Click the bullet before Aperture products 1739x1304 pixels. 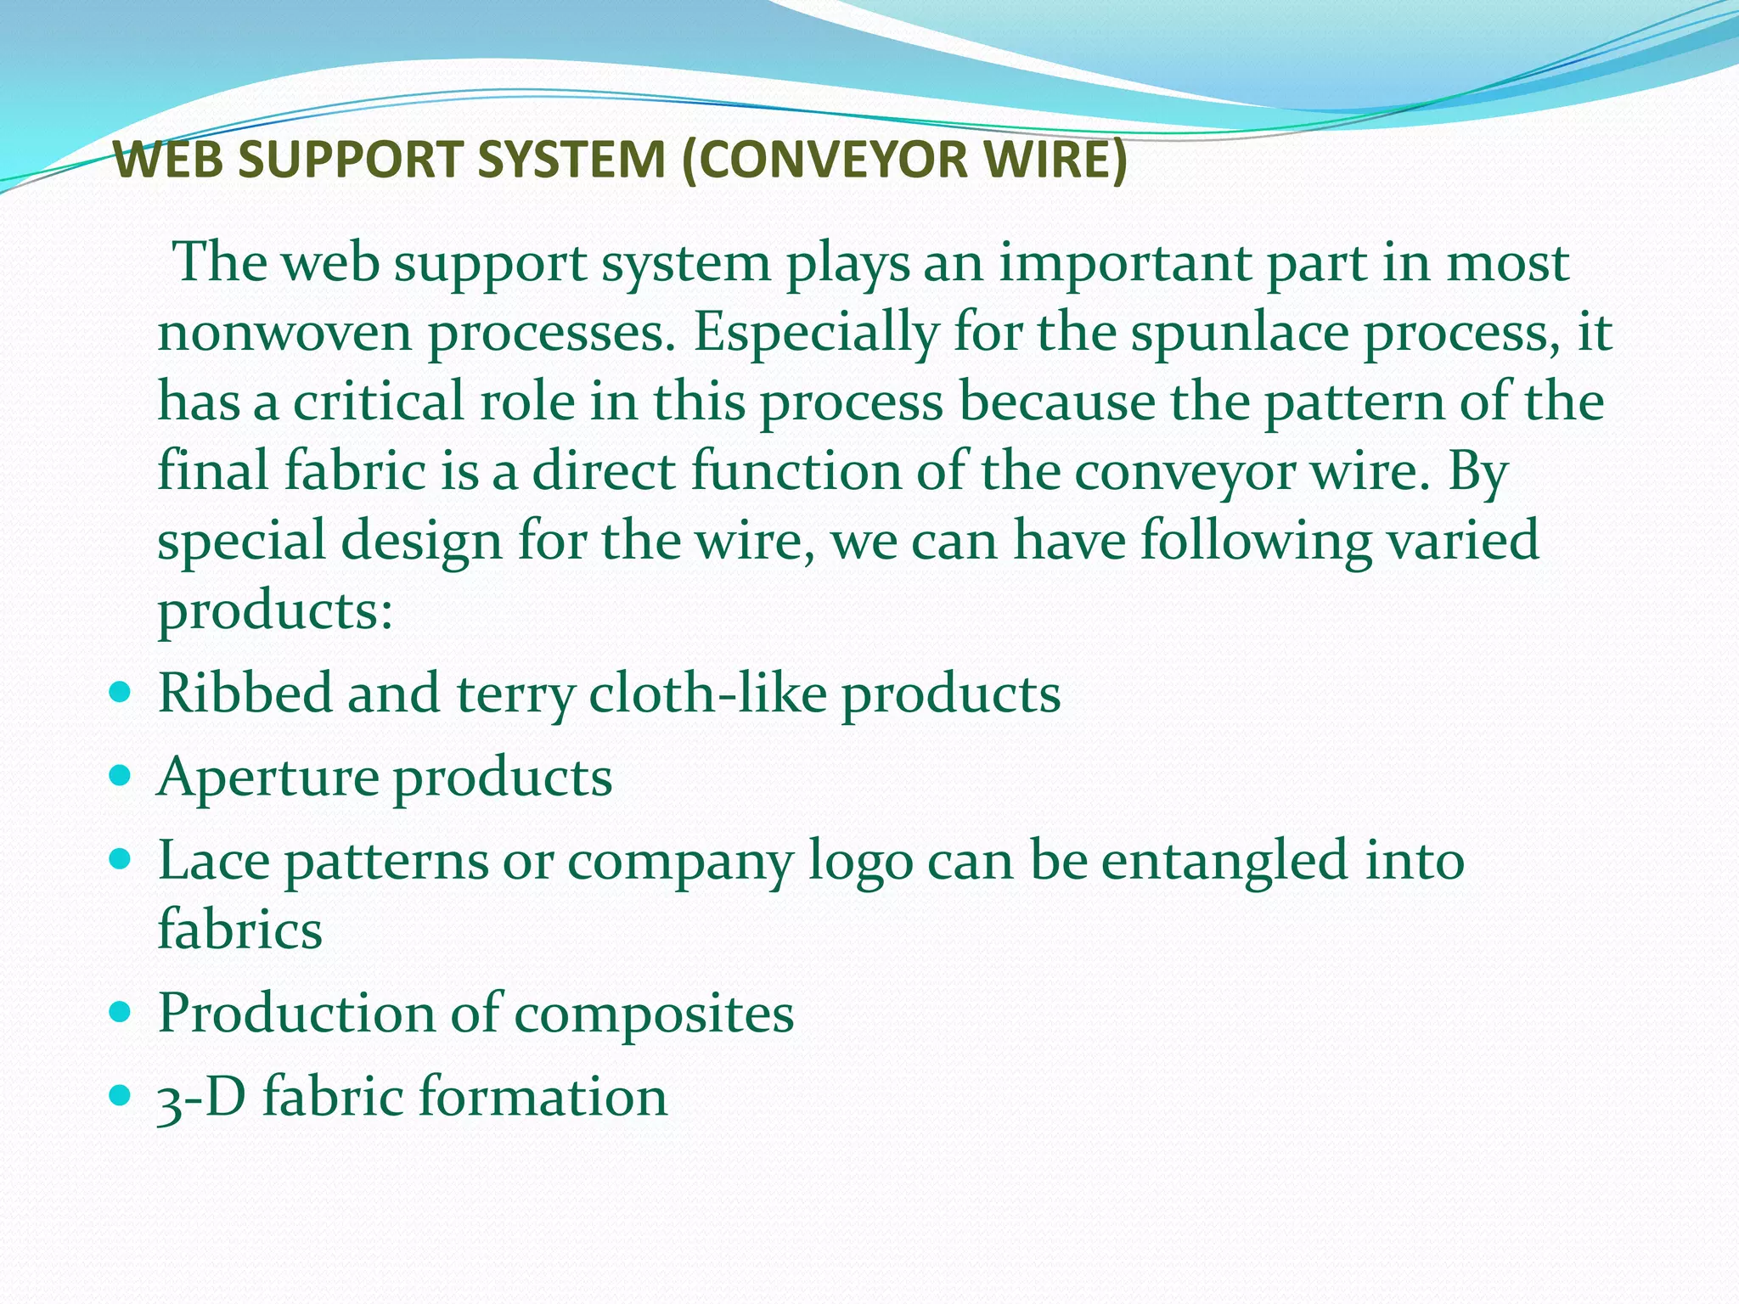pyautogui.click(x=121, y=774)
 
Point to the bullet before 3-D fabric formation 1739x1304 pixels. pyautogui.click(x=121, y=1094)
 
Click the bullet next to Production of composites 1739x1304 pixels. pyautogui.click(x=121, y=1011)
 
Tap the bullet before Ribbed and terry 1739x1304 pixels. pyautogui.click(x=121, y=691)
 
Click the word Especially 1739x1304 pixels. pyautogui.click(x=816, y=334)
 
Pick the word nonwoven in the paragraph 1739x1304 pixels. pyautogui.click(x=284, y=334)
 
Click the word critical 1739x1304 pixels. pyautogui.click(x=379, y=402)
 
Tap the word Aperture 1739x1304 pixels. pyautogui.click(x=267, y=778)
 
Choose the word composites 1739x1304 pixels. pyautogui.click(x=654, y=1015)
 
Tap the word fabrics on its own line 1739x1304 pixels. pyautogui.click(x=240, y=929)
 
